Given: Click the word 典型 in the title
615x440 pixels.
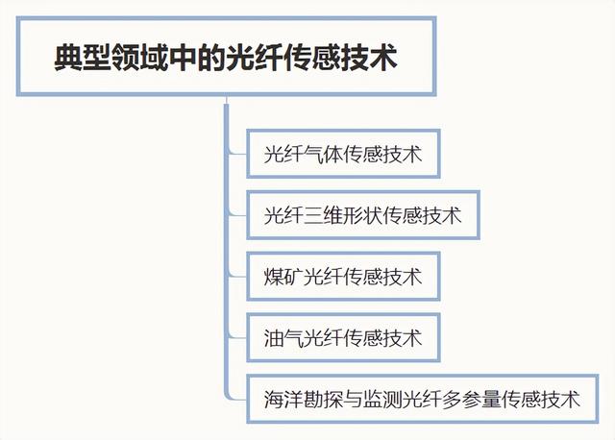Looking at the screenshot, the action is tap(83, 58).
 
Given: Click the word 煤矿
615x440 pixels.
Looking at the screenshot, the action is tap(283, 277).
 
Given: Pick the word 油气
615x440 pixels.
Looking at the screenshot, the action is tap(283, 337).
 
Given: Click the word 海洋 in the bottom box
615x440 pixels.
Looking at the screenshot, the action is tap(283, 400).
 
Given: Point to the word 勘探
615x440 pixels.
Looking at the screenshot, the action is tap(323, 400).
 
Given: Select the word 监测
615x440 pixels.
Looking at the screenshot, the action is tap(382, 400).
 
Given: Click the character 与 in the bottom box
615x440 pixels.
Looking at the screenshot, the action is tap(353, 400).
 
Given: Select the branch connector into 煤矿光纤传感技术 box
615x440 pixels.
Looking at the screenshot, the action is tap(236, 275).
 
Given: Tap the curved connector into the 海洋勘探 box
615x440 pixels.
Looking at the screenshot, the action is tap(236, 395).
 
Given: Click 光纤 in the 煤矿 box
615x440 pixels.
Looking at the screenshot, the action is tap(323, 277).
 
